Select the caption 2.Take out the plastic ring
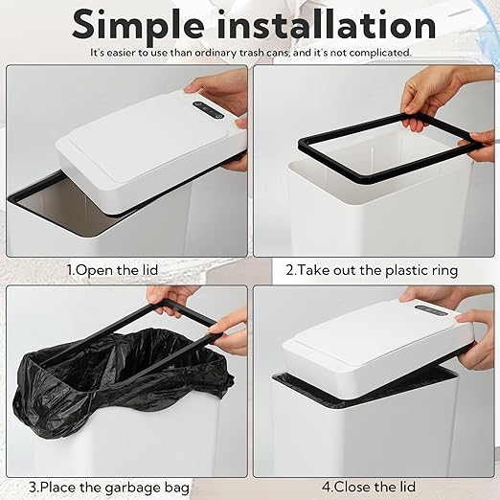(372, 270)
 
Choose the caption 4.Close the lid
(373, 488)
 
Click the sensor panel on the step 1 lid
(208, 109)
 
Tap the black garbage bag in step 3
(115, 383)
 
